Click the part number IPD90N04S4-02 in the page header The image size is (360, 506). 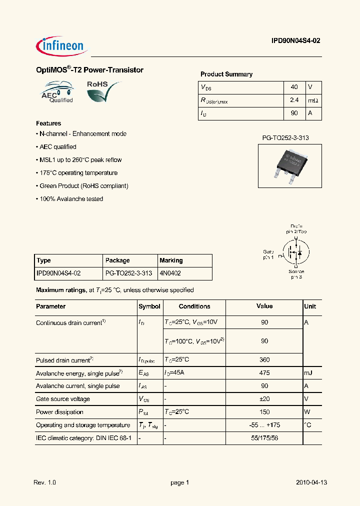292,42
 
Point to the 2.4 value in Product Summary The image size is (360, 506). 294,100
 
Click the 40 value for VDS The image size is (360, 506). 294,87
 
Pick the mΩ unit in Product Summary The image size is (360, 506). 313,100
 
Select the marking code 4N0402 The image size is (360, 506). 170,273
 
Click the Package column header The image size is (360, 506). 118,260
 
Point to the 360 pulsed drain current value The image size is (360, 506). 264,360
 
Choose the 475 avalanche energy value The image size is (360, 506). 264,373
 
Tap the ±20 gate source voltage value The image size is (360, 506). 264,399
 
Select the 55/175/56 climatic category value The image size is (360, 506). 264,438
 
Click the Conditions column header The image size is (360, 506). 194,306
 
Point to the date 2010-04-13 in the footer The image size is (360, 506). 311,482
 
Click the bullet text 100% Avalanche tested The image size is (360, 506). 71,199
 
